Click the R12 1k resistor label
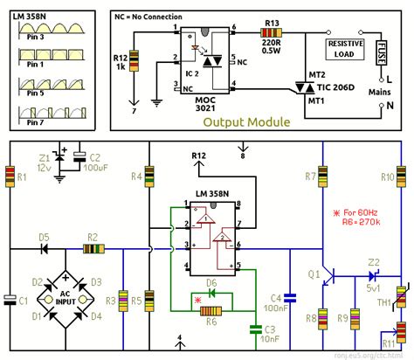pyautogui.click(x=121, y=63)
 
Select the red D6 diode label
pyautogui.click(x=210, y=282)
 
